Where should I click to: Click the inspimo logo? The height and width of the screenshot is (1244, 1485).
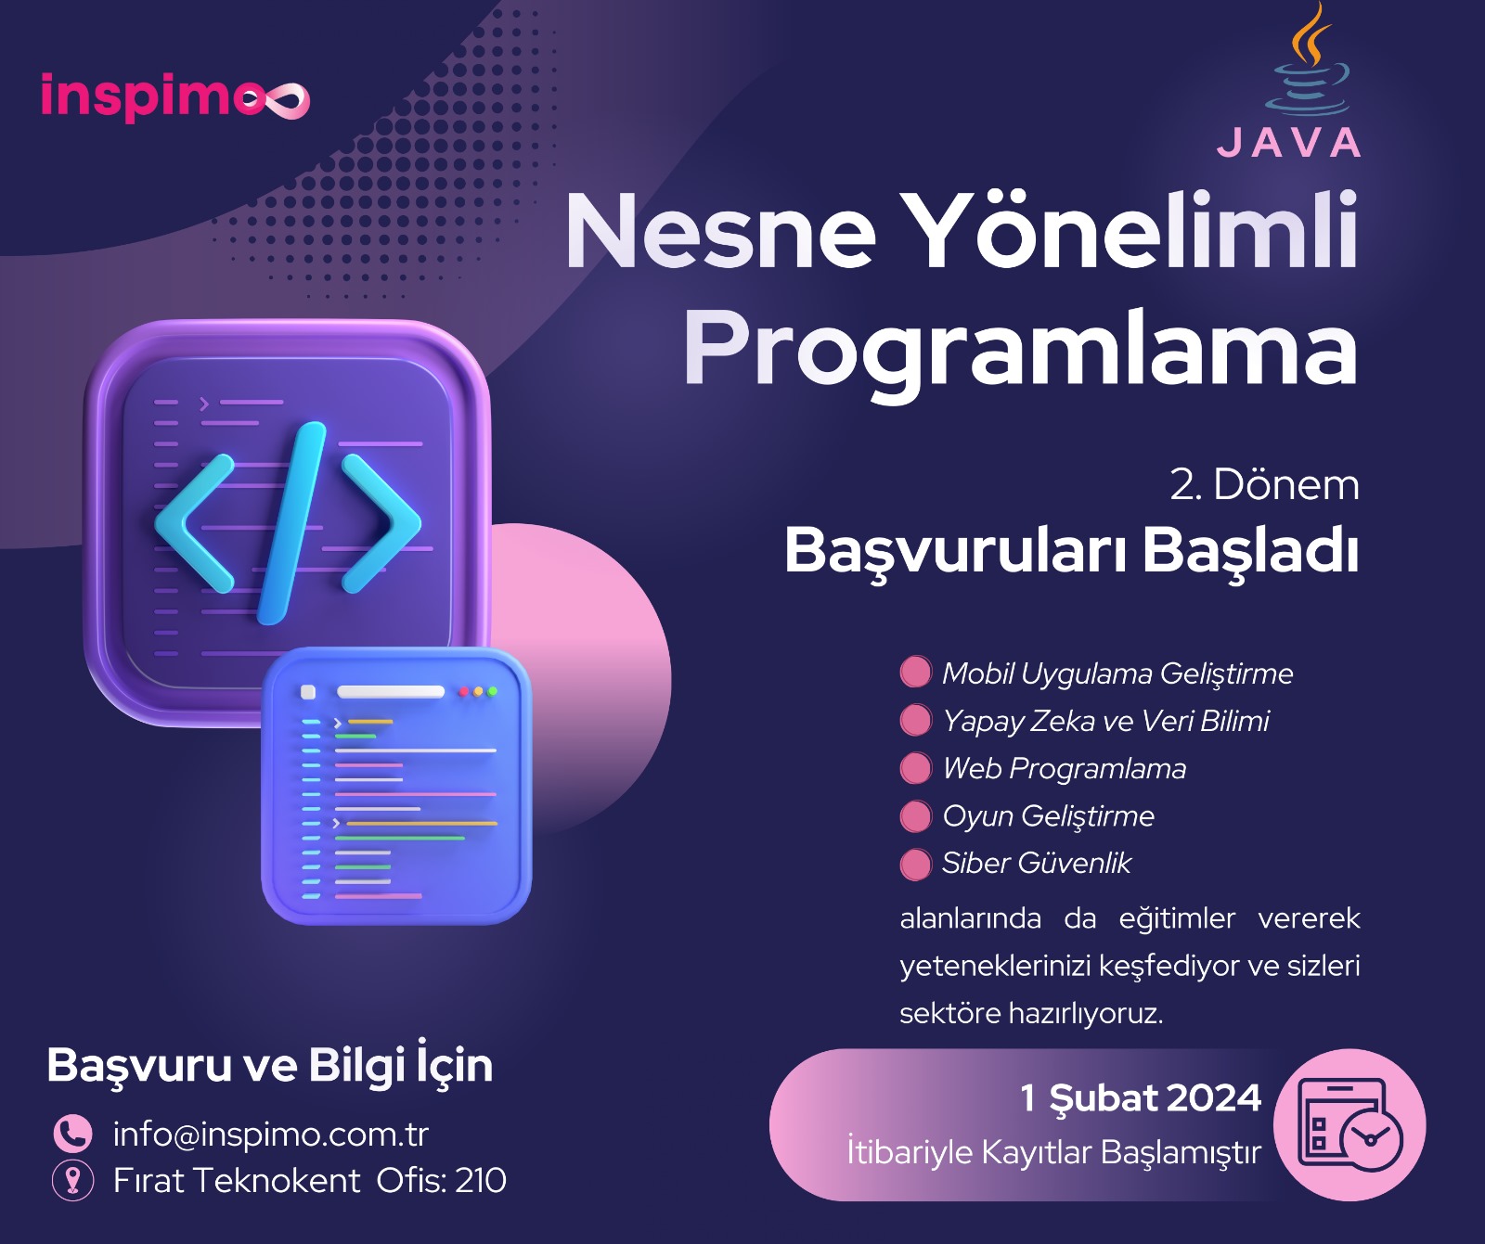click(x=174, y=96)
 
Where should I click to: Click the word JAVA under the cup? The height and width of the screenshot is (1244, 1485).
click(x=1289, y=143)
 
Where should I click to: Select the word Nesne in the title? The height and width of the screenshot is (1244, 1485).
click(x=720, y=230)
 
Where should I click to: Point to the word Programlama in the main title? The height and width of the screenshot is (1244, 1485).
click(x=1021, y=349)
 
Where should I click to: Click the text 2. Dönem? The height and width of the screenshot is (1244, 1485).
click(x=1264, y=484)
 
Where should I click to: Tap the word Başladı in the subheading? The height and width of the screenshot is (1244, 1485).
click(x=1251, y=551)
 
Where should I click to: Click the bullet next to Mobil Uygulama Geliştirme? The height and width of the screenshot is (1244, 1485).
click(x=915, y=672)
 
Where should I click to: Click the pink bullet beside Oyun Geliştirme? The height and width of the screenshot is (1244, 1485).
click(x=915, y=816)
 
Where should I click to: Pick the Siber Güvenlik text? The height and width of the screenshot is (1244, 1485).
click(x=1037, y=863)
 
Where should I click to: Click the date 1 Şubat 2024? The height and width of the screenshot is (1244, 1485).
click(x=1141, y=1098)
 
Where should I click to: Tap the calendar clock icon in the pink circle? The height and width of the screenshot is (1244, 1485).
click(x=1349, y=1124)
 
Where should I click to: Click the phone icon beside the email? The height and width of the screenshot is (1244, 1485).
click(x=72, y=1133)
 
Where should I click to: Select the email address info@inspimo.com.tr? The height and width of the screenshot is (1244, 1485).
click(x=271, y=1134)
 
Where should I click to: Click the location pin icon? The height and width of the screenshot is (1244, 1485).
click(x=72, y=1180)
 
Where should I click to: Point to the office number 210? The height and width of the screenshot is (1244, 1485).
click(x=481, y=1180)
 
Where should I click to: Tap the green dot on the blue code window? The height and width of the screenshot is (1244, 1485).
click(x=492, y=691)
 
